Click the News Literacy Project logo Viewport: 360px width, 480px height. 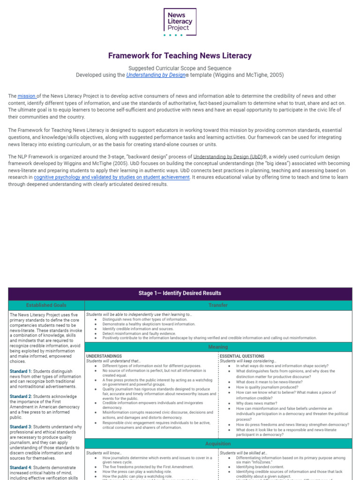coord(180,22)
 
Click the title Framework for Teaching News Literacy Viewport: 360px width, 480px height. coord(180,55)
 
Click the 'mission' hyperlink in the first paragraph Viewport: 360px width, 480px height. coord(27,96)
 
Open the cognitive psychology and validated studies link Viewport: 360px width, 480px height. coord(112,178)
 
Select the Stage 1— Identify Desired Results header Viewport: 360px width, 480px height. coord(180,293)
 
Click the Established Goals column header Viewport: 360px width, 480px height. coord(46,305)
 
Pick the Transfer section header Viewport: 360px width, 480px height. coord(218,305)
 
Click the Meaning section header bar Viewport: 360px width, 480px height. coord(218,347)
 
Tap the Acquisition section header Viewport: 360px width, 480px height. coord(218,443)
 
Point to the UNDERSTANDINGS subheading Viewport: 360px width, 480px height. coord(104,356)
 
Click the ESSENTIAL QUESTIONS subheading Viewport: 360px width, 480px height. coord(242,356)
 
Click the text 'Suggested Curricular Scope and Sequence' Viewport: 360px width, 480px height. coord(180,68)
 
